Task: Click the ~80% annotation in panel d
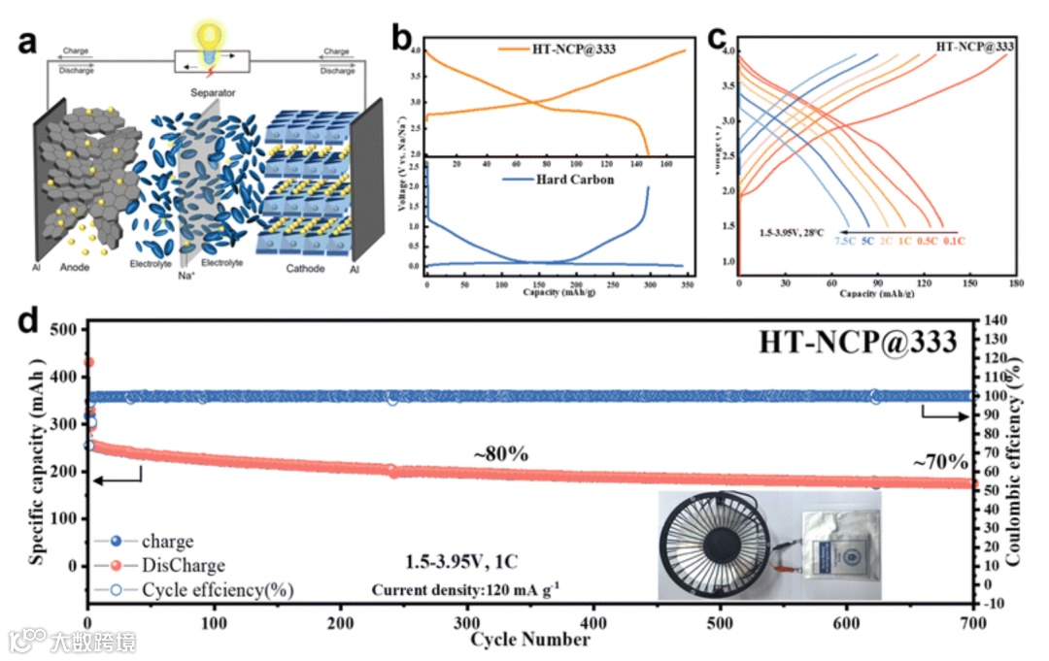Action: coord(500,454)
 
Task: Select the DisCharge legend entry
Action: coord(183,565)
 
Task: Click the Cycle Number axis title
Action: coord(529,640)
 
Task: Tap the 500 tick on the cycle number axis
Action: coord(719,622)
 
